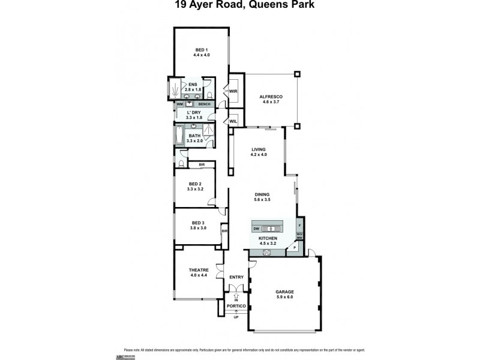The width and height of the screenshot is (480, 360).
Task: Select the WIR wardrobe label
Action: [x=233, y=91]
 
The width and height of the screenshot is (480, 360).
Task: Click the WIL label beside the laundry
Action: [x=233, y=122]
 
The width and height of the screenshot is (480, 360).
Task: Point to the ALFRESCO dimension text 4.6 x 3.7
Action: [x=271, y=102]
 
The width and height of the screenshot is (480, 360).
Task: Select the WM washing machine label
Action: [x=179, y=104]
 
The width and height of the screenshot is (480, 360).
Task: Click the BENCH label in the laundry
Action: [x=205, y=104]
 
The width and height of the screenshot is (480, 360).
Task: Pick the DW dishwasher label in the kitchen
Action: [x=256, y=229]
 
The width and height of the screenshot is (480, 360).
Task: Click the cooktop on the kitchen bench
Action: [x=267, y=252]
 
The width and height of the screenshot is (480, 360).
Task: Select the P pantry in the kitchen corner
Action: [x=294, y=247]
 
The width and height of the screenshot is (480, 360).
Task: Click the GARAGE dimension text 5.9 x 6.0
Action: [x=286, y=298]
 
